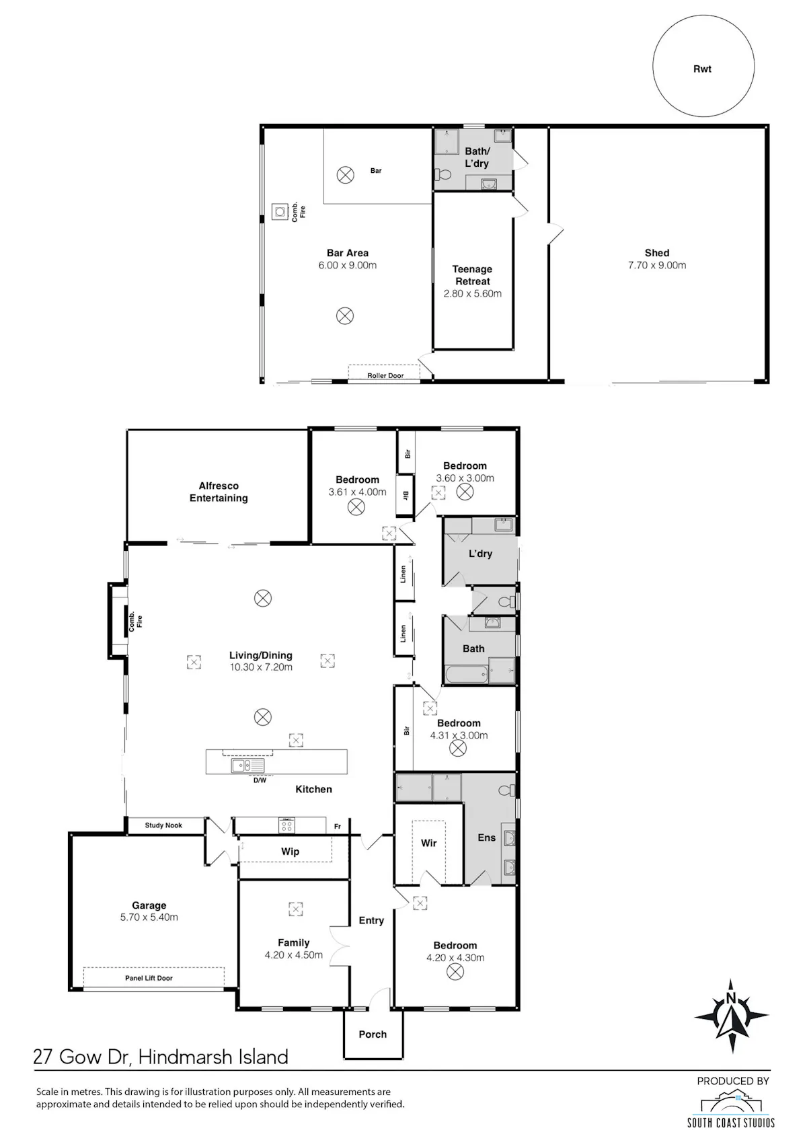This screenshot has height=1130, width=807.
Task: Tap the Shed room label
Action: (x=656, y=253)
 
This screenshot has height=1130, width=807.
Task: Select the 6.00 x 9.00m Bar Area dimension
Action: (x=348, y=265)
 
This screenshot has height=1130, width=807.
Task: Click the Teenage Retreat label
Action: (x=473, y=275)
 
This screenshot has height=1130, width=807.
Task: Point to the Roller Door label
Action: (x=385, y=375)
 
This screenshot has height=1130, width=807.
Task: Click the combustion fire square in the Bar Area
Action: (x=280, y=212)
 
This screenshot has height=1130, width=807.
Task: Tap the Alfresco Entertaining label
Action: (x=219, y=492)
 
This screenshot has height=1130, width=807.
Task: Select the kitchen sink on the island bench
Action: (x=247, y=765)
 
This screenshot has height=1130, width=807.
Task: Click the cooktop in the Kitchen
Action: (x=286, y=825)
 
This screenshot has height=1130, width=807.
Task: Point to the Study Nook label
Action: (x=163, y=825)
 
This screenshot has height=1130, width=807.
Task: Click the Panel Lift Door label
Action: (x=149, y=978)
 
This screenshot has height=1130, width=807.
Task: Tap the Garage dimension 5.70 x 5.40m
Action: (x=149, y=917)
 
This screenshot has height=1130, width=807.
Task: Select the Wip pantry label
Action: (x=290, y=852)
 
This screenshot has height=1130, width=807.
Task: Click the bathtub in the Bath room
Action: (x=467, y=673)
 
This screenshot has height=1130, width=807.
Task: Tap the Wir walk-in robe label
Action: (x=429, y=842)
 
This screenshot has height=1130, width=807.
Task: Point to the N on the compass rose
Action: (x=731, y=997)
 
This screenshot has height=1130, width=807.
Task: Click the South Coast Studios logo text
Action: (x=731, y=1122)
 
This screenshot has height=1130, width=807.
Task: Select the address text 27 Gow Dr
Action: (x=83, y=1056)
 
